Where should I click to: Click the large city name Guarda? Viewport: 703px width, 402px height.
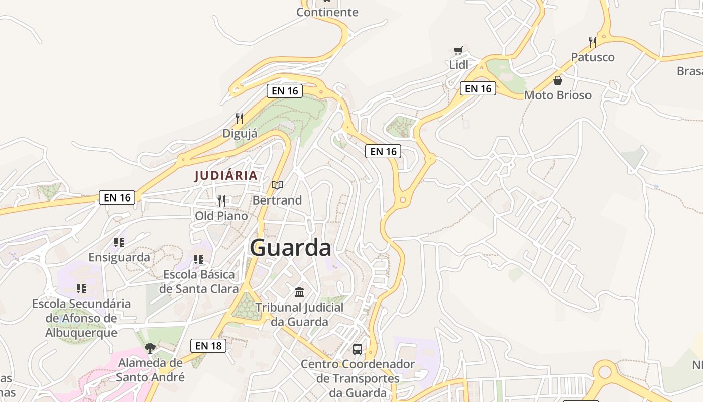tap(290, 248)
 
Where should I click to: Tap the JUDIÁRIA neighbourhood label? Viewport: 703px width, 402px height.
tap(226, 176)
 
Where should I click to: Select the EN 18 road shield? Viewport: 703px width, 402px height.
tap(208, 346)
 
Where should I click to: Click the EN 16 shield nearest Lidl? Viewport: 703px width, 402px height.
tap(478, 89)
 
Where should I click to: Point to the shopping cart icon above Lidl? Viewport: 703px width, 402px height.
tap(458, 50)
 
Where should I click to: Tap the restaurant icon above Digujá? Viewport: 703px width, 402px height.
tap(240, 119)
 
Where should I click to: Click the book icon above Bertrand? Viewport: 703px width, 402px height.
tap(277, 185)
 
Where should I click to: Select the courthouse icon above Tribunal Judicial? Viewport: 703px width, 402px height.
tap(300, 292)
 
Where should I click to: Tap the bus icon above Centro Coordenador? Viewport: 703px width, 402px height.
tap(358, 349)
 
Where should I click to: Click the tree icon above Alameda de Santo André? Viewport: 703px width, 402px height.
tap(150, 348)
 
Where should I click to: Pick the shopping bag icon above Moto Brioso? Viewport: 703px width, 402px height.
tap(557, 80)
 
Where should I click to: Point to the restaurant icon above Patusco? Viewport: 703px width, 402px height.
tap(593, 42)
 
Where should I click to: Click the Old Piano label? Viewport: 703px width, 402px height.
tap(221, 216)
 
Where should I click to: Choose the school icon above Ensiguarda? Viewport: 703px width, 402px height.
tap(119, 243)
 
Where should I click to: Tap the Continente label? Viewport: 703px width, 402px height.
tap(327, 12)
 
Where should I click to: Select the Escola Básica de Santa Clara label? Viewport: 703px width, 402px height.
tap(199, 282)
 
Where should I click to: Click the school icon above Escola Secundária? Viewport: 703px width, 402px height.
tap(81, 289)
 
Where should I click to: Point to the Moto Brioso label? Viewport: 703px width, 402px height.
tap(558, 95)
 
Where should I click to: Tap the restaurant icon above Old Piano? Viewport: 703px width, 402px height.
tap(221, 201)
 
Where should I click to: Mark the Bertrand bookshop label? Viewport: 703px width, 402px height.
tap(277, 200)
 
